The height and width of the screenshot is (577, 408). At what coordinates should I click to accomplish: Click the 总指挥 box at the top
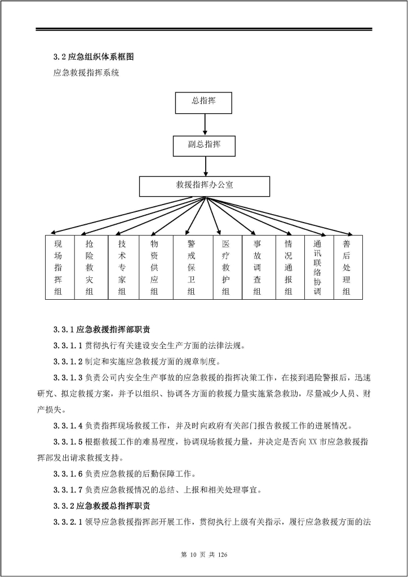[204, 102]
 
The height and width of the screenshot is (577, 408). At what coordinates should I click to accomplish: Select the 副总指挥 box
[204, 145]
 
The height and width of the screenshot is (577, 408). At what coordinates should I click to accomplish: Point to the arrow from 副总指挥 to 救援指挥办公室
[205, 166]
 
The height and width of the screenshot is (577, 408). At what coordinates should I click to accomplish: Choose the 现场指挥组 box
[59, 267]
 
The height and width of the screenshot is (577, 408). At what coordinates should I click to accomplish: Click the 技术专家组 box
[122, 267]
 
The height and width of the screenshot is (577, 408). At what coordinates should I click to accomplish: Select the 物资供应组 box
[154, 267]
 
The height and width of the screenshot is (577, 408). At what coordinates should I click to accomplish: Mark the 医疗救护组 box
[226, 267]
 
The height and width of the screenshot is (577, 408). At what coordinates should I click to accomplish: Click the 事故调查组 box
[258, 267]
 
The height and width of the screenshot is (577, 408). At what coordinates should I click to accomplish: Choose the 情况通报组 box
[289, 267]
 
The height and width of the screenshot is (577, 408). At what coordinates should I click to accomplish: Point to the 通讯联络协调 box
[318, 267]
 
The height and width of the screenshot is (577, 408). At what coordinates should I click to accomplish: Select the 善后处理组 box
[347, 267]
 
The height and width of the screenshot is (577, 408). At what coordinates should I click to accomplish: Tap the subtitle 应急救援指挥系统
[86, 73]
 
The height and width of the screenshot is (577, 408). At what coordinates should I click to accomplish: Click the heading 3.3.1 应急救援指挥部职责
[101, 330]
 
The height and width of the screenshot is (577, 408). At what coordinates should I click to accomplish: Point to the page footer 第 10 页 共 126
[203, 555]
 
